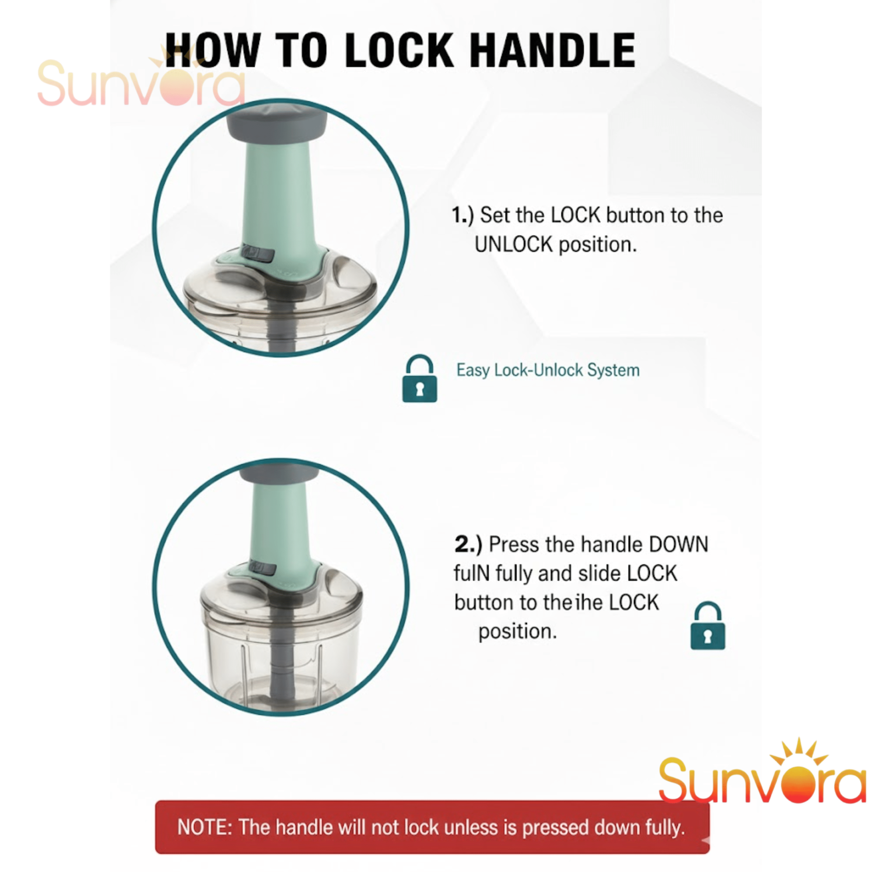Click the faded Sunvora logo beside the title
point(141,81)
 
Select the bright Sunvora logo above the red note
point(762,775)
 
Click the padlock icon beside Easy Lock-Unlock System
point(419,378)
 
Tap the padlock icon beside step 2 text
point(708,626)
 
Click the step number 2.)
point(468,544)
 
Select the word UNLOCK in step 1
point(514,245)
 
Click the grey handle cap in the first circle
point(277,124)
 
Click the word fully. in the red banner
point(665,827)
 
